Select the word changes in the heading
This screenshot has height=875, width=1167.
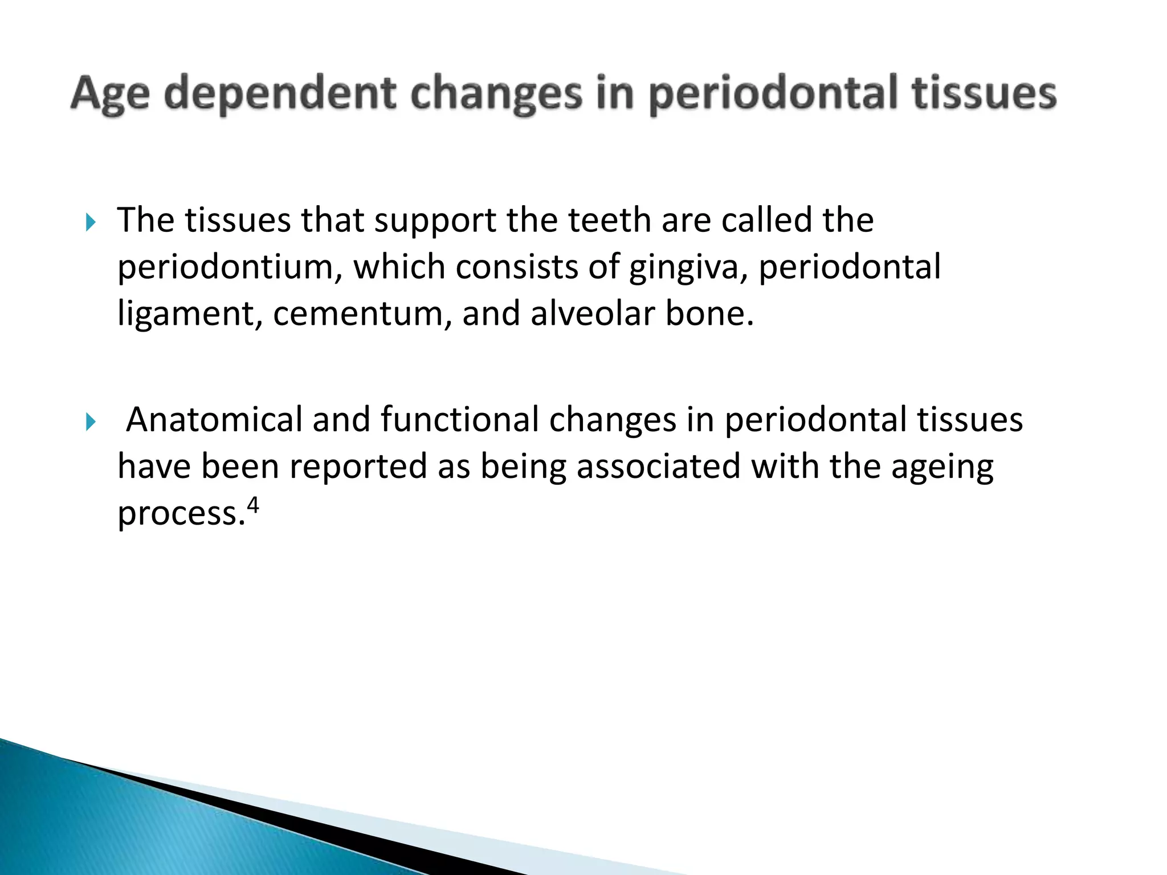click(x=496, y=95)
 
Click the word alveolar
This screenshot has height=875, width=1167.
click(x=593, y=314)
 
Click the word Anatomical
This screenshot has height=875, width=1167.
click(x=214, y=420)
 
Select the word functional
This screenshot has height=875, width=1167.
click(x=459, y=420)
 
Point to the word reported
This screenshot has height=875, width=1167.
click(x=358, y=467)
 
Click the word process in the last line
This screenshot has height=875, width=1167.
click(x=177, y=514)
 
